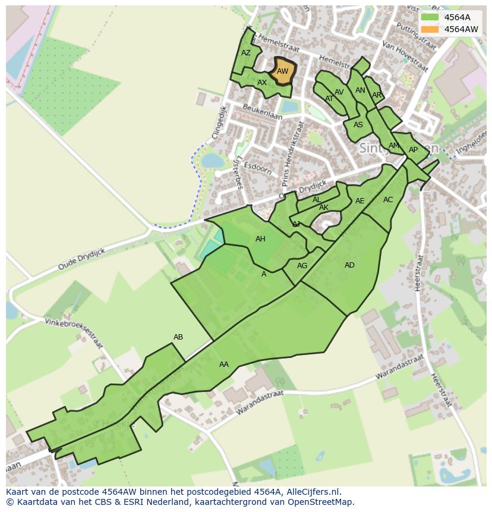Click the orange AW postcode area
point(283,71)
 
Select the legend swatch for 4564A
point(429,17)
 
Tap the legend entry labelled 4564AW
point(461,29)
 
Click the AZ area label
point(246,53)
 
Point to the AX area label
point(262,83)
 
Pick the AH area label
point(260,239)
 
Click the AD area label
point(349,265)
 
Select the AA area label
point(224,365)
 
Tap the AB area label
point(178,337)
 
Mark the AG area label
point(302,266)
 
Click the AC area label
point(388,200)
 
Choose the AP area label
point(413,150)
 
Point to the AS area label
point(358,125)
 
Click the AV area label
point(339,92)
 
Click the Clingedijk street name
point(219,122)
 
